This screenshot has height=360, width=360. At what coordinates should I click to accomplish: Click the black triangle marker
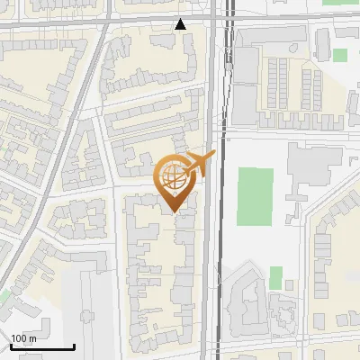tap(181, 24)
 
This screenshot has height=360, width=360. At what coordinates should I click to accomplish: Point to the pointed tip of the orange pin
tap(173, 211)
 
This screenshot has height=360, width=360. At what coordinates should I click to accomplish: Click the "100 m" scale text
tap(23, 338)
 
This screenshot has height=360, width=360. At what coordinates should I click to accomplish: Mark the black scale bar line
tap(42, 347)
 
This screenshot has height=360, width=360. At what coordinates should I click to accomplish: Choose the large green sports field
tap(255, 196)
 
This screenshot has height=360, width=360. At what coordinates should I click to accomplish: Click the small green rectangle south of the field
tap(275, 277)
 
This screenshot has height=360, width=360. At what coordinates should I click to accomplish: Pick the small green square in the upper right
tap(339, 55)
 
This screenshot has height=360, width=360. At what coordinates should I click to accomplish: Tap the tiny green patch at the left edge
tap(5, 294)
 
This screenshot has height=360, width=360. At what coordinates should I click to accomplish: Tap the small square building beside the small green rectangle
tap(289, 285)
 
